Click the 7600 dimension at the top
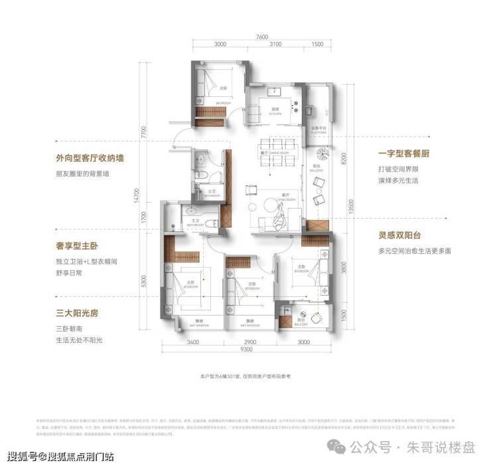point(262,37)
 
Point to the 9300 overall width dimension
point(246,349)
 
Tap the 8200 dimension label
point(342,160)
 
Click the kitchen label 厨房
point(272,110)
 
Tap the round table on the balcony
point(324,155)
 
